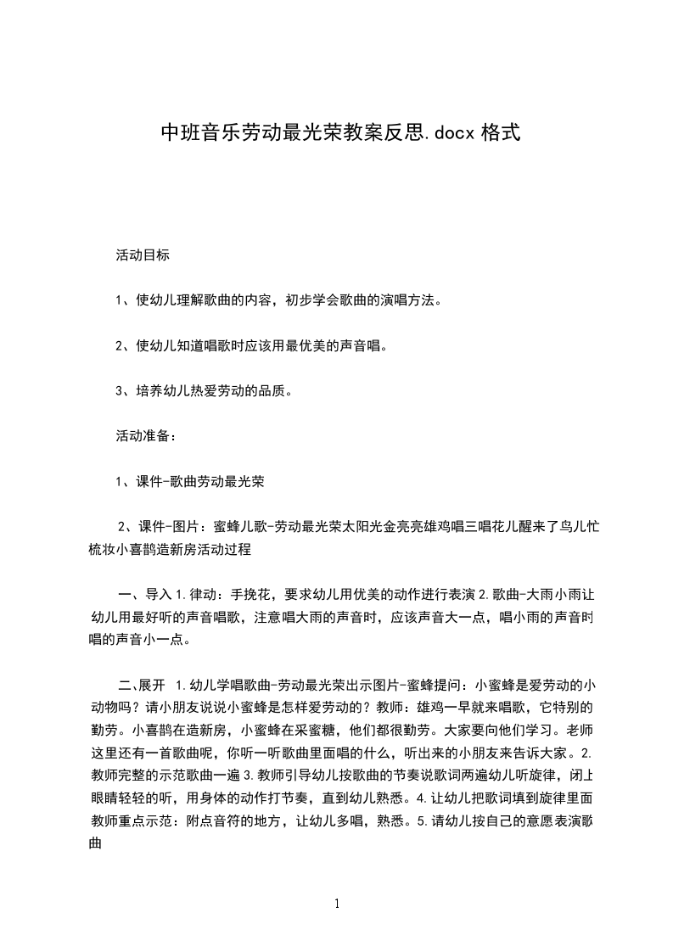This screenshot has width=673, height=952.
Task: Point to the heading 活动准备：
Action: coord(145,436)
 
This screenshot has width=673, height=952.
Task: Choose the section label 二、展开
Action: coord(141,684)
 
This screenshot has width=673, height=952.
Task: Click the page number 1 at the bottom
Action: coord(337,904)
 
